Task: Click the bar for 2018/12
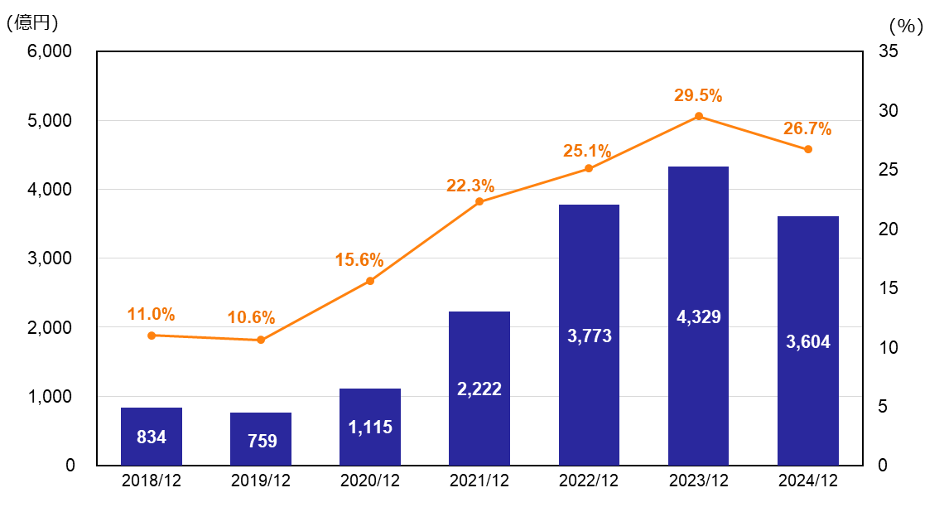click(151, 436)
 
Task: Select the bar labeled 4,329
click(698, 316)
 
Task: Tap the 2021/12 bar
click(479, 388)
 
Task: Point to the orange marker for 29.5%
click(698, 116)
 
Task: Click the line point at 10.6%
click(261, 340)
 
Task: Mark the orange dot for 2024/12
click(808, 149)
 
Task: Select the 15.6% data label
click(359, 260)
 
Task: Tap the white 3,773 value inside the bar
click(590, 336)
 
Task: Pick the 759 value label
click(262, 441)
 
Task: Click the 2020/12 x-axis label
click(370, 482)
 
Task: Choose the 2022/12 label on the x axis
click(589, 482)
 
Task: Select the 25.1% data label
click(587, 151)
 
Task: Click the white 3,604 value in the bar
click(808, 341)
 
